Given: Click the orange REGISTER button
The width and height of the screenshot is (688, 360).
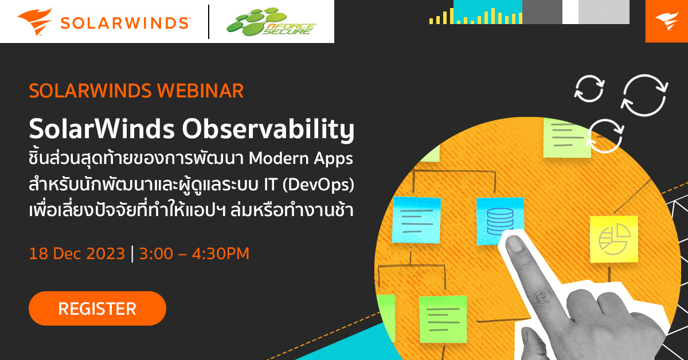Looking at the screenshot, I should pyautogui.click(x=97, y=308).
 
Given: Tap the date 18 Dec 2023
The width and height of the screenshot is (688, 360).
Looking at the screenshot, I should pyautogui.click(x=77, y=253).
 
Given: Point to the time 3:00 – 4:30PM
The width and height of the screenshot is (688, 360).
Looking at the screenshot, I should pyautogui.click(x=194, y=253).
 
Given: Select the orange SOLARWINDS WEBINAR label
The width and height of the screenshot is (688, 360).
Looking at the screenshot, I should pyautogui.click(x=136, y=91).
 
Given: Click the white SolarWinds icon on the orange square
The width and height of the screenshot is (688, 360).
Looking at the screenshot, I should pyautogui.click(x=666, y=21).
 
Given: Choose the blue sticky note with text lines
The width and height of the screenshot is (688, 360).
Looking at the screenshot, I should pyautogui.click(x=416, y=220).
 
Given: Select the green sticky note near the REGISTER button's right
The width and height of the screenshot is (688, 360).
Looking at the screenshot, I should pyautogui.click(x=443, y=319).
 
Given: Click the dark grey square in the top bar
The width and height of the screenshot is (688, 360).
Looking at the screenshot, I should pyautogui.click(x=542, y=12).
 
